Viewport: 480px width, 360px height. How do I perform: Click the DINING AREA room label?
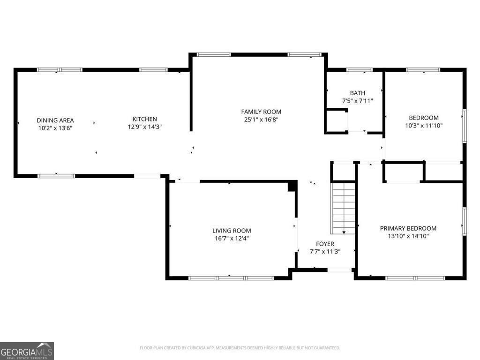pos(55,120)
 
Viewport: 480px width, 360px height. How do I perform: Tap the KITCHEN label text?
pos(144,119)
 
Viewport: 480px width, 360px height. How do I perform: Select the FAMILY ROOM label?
pos(261,112)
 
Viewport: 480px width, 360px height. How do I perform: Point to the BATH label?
pos(357,93)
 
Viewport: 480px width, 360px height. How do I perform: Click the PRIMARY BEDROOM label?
pos(408,228)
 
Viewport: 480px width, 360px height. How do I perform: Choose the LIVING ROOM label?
pos(232,231)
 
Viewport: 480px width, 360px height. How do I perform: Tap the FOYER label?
pos(325,244)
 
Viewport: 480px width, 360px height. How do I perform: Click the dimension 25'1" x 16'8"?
pos(261,120)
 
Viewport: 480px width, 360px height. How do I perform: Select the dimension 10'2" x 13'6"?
pos(55,127)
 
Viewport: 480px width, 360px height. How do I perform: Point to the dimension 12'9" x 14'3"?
pos(144,127)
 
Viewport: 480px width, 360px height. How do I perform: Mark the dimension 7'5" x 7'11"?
pos(357,101)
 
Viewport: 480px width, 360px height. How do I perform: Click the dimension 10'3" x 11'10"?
pos(424,126)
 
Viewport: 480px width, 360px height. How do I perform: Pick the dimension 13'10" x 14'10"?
pos(408,236)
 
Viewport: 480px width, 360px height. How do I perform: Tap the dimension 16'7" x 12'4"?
pos(232,238)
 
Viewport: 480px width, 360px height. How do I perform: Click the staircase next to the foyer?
pos(344,208)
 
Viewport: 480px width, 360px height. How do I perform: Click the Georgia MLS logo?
pos(27,351)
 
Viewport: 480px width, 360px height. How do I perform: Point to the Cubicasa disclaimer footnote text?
pos(240,348)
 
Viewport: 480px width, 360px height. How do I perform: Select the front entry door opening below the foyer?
pos(340,270)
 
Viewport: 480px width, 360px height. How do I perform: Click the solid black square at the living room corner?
pos(292,186)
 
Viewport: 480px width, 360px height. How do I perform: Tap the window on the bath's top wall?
pos(359,70)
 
